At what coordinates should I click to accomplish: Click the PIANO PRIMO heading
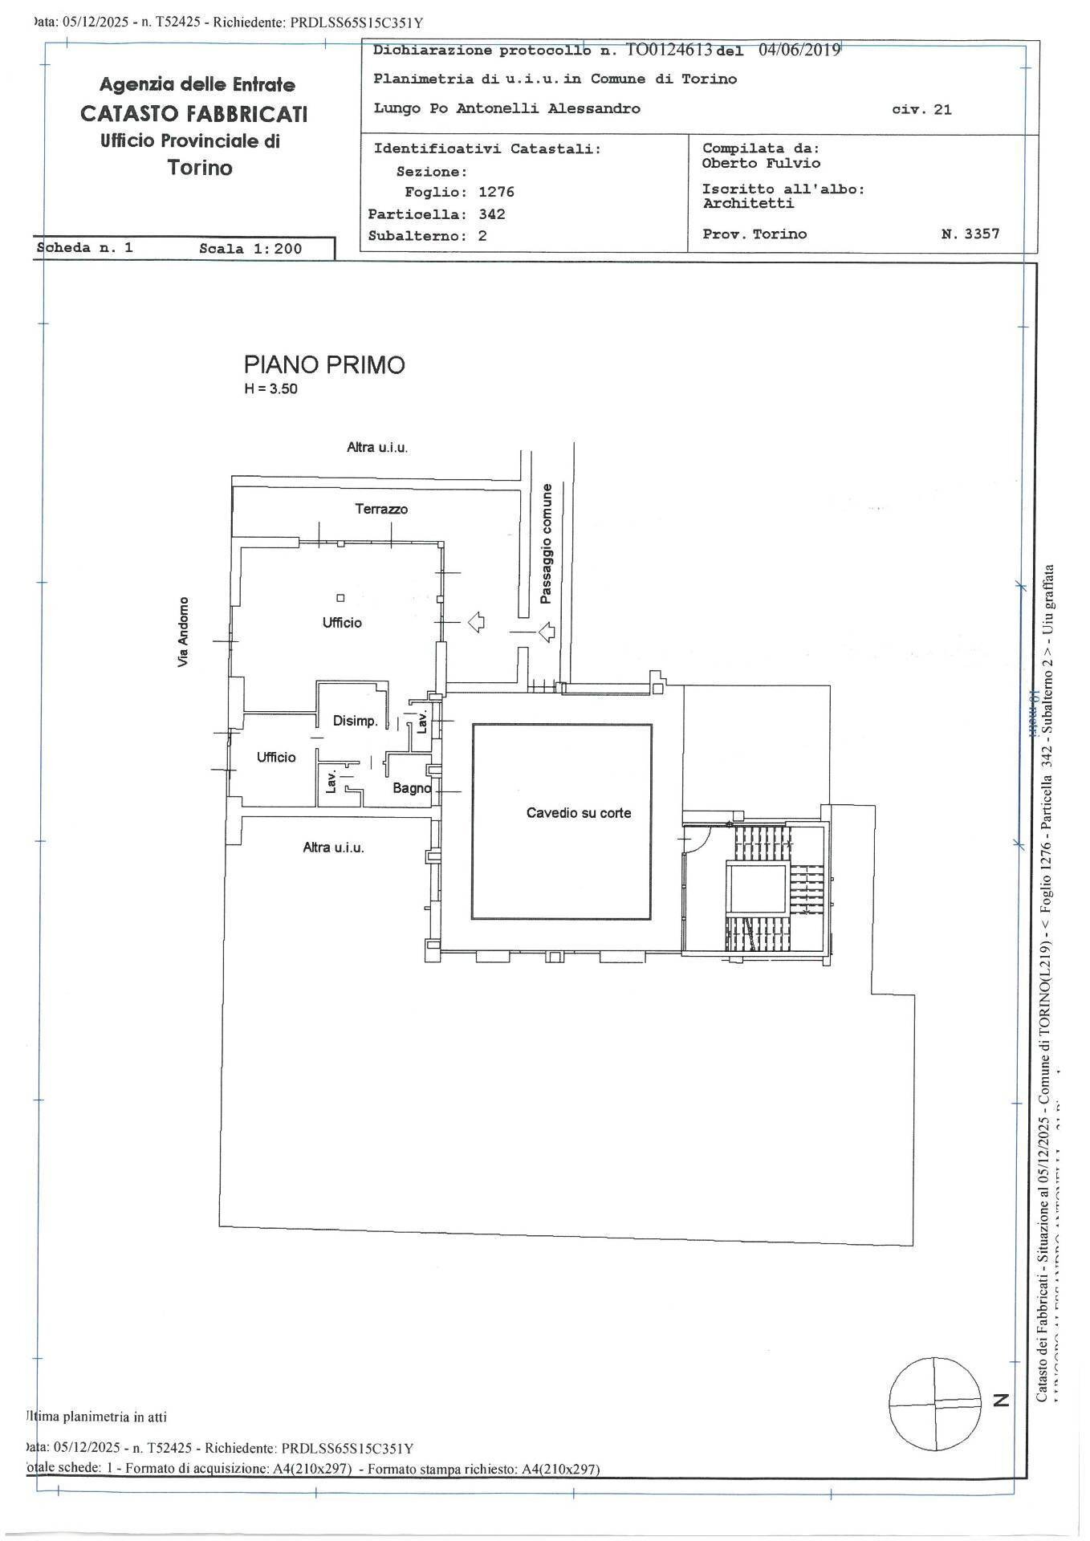coord(323,365)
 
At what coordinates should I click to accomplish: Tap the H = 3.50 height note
coord(271,390)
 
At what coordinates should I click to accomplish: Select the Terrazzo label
coord(381,509)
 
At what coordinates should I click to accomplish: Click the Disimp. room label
coord(355,721)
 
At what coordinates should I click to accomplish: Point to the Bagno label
coord(411,788)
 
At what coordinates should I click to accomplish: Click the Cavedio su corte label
coord(578,813)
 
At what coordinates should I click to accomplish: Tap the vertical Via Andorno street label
coord(184,631)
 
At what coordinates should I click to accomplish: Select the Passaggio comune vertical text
coord(546,543)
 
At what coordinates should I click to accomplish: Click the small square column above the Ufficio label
coord(340,598)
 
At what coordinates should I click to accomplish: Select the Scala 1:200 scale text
coord(250,249)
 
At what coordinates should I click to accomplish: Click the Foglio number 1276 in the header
coord(496,193)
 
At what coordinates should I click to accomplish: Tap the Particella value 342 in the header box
coord(491,214)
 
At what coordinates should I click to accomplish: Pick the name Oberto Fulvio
coord(761,163)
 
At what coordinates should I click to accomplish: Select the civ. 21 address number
coord(921,110)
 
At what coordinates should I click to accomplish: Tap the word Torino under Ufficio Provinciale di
coord(200,168)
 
